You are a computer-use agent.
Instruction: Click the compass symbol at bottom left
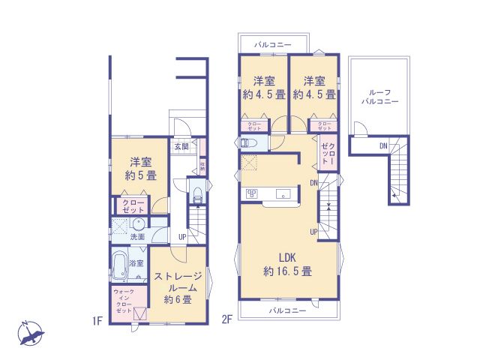[31, 332]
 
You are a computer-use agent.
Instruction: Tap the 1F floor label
[97, 321]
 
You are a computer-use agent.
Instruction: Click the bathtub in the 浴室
[119, 266]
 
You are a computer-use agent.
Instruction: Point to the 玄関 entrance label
[181, 146]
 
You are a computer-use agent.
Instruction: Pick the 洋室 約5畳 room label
[140, 169]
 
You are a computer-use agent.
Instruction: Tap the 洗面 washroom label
[137, 237]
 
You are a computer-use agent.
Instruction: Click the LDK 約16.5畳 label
[286, 262]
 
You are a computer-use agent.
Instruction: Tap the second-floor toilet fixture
[250, 142]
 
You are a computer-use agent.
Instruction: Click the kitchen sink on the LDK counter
[283, 195]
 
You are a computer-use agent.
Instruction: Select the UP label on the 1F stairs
[182, 238]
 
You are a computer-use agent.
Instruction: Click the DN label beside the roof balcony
[383, 145]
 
